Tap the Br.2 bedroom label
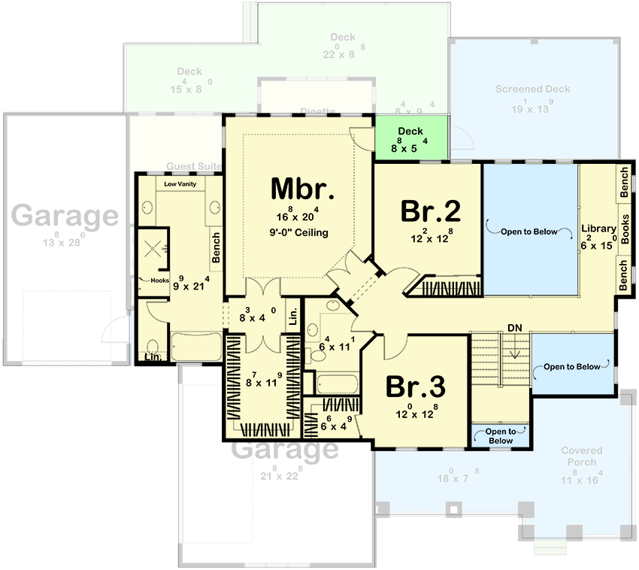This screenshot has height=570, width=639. click(430, 211)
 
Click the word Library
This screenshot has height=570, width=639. click(599, 229)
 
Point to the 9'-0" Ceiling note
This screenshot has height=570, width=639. click(301, 232)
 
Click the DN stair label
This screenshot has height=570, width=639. click(514, 328)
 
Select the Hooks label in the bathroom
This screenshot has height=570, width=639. click(159, 280)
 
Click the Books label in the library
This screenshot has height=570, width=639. click(625, 226)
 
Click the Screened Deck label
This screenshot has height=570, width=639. click(532, 89)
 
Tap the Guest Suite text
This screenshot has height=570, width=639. click(192, 166)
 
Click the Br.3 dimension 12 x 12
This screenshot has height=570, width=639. click(415, 413)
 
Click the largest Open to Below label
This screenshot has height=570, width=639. click(529, 232)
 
